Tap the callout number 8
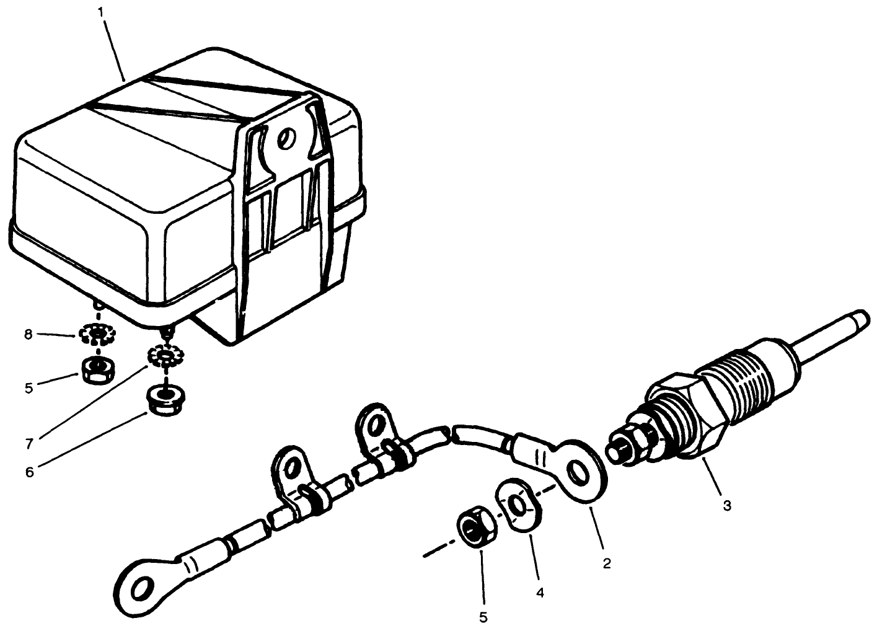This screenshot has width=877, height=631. click(x=28, y=335)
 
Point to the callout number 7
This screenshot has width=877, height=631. click(x=29, y=444)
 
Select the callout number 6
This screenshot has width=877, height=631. click(x=29, y=472)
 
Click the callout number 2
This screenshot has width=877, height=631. click(x=607, y=563)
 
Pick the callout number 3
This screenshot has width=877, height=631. click(x=727, y=506)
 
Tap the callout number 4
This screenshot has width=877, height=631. click(x=539, y=593)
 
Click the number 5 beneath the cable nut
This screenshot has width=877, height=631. click(x=483, y=617)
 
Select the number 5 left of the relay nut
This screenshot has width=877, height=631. click(x=29, y=388)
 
